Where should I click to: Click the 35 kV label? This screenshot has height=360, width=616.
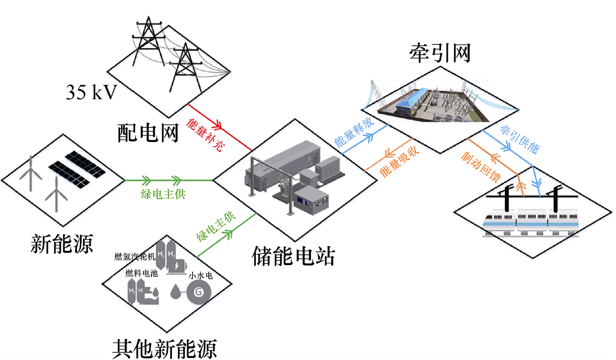(x=91, y=92)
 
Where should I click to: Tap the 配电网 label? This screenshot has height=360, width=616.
(x=148, y=133)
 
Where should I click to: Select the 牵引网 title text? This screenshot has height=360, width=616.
(x=440, y=53)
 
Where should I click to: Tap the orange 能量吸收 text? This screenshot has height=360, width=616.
(x=400, y=162)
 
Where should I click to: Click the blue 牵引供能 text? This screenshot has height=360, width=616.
(x=519, y=139)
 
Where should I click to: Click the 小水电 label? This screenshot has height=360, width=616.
(x=201, y=276)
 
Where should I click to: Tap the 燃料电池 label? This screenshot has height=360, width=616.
(x=142, y=273)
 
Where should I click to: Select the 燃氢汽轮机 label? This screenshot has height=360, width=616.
(x=135, y=257)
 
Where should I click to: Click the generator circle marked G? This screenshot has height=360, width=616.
(x=198, y=292)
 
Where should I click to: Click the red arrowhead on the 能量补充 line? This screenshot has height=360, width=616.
(x=216, y=125)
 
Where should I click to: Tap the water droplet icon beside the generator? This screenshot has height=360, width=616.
(x=175, y=292)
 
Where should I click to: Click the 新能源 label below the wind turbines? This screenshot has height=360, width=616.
(x=62, y=244)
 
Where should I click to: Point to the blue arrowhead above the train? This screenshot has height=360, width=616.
(x=536, y=184)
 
